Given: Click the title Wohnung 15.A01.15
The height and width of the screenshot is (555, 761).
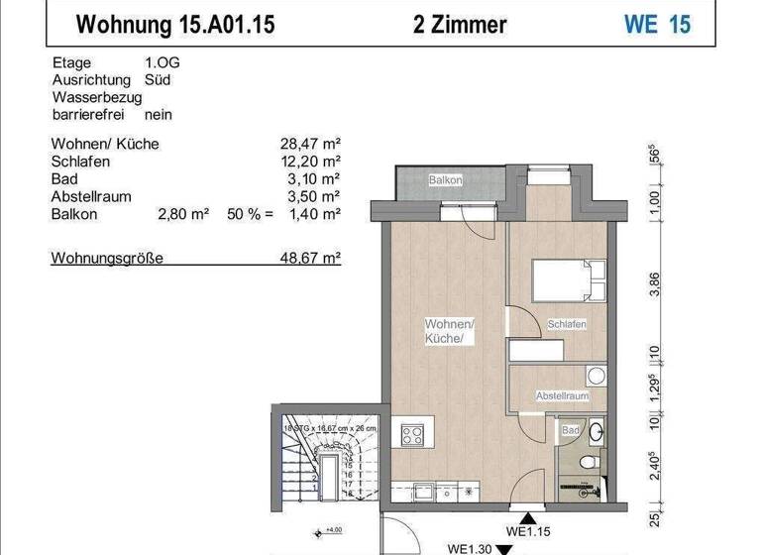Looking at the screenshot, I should coord(176,24).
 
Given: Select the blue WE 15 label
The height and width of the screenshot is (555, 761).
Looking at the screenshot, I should coord(657,24).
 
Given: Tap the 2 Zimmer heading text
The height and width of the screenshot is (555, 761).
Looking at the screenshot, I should coord(460,24).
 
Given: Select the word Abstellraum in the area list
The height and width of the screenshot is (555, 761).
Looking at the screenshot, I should coord(90,196).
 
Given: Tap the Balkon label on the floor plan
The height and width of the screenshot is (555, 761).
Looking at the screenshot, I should coord(445,180).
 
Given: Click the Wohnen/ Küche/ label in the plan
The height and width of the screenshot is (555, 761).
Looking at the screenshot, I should coord(449,331).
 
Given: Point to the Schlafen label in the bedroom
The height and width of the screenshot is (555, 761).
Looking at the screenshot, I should coord(566,324).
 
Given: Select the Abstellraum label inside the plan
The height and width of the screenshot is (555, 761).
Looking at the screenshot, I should coord(562,395).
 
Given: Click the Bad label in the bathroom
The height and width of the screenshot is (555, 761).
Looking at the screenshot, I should coord(570,431).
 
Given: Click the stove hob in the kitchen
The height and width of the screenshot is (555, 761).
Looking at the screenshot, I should coord(412,433).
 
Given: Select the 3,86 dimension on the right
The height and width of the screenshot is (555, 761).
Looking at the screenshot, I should coord(654,286).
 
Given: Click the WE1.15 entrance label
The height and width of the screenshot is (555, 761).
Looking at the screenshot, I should coord(527,531).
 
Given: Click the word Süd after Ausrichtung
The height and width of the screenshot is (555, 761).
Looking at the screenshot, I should coord(157,79).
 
